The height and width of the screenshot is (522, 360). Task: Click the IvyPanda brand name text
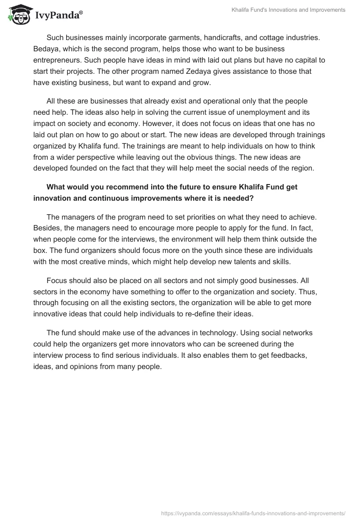(58, 16)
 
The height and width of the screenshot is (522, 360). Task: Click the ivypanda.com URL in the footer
(253, 513)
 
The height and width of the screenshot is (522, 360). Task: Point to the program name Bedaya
(46, 48)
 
